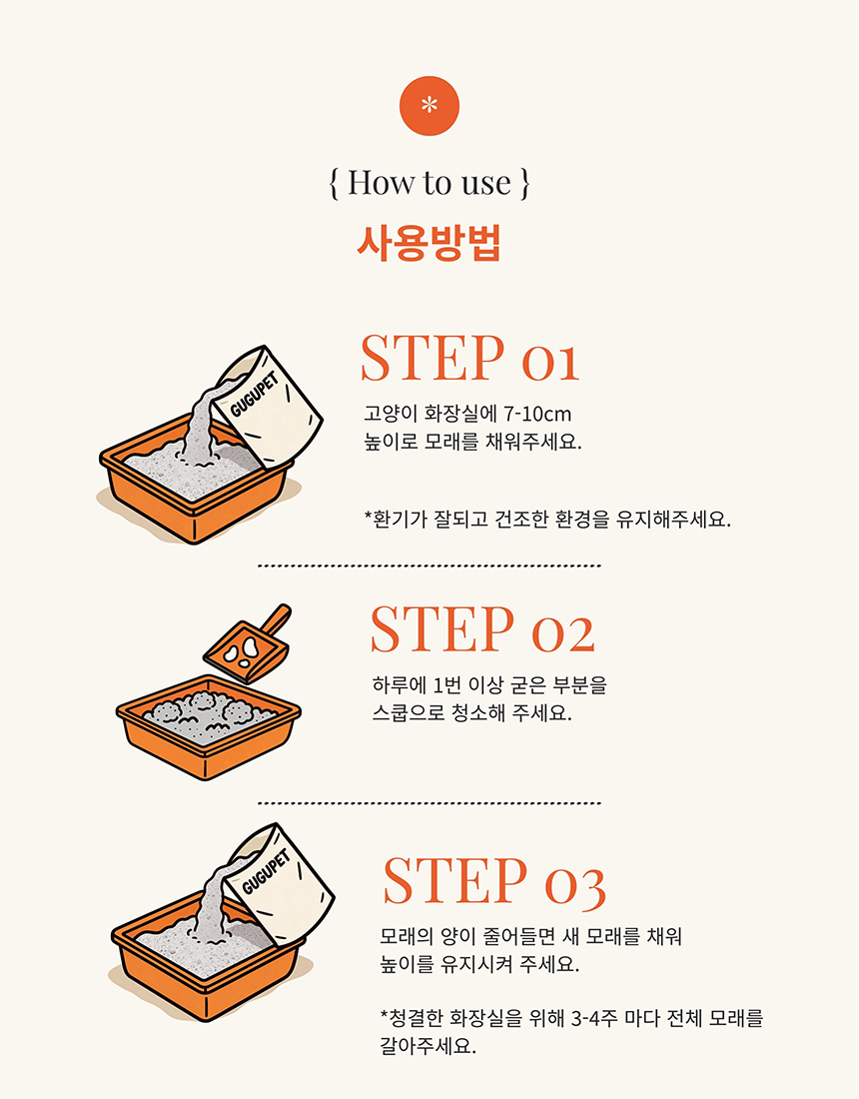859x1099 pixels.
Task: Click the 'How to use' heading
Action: click(429, 183)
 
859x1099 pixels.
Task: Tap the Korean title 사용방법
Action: click(429, 243)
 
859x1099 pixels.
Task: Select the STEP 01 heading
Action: click(469, 359)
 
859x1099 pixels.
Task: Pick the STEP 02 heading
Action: click(482, 630)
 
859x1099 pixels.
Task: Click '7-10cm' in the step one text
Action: click(538, 414)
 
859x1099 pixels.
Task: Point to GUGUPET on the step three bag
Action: click(267, 874)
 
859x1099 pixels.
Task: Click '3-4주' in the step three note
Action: click(593, 1019)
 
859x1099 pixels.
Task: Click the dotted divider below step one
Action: click(429, 565)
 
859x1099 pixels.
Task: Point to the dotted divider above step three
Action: click(429, 802)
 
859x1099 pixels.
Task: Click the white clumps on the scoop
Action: click(240, 652)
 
